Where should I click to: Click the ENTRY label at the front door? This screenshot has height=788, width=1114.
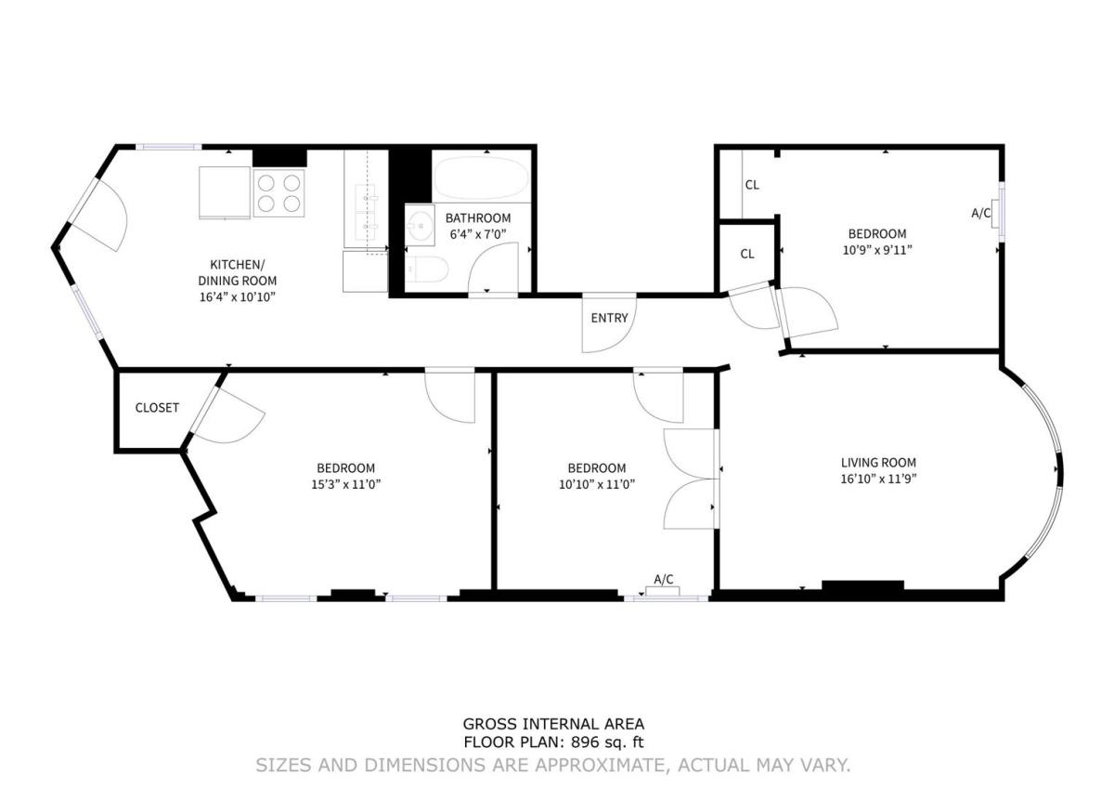[x=609, y=318]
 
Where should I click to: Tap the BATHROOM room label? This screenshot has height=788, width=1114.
[x=477, y=218]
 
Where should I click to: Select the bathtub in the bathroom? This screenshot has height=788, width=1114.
[x=481, y=177]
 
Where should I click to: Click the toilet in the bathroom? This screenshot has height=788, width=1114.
[x=427, y=269]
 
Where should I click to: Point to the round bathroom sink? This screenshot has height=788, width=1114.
[x=421, y=226]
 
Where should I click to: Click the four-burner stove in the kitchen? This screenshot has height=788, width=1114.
[x=278, y=193]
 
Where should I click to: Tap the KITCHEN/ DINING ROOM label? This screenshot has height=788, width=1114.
[x=238, y=272]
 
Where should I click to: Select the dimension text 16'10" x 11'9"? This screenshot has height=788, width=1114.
[x=878, y=479]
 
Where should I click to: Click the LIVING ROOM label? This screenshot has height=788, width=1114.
[x=878, y=463]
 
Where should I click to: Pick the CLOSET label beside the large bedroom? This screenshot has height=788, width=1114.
[x=157, y=408]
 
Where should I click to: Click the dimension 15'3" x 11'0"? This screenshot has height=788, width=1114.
[x=345, y=484]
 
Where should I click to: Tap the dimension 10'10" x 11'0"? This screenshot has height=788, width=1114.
[x=597, y=484]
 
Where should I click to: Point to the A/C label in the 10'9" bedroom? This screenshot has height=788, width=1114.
[x=980, y=213]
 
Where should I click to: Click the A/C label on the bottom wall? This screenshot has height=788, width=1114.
[x=664, y=580]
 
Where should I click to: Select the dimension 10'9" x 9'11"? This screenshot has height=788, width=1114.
[x=877, y=250]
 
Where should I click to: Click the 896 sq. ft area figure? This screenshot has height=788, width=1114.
[x=607, y=742]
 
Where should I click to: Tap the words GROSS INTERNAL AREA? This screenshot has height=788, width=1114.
[x=553, y=724]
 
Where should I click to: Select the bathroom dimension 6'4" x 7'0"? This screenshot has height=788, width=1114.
[x=477, y=234]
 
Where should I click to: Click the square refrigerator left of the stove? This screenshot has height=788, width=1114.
[x=225, y=192]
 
